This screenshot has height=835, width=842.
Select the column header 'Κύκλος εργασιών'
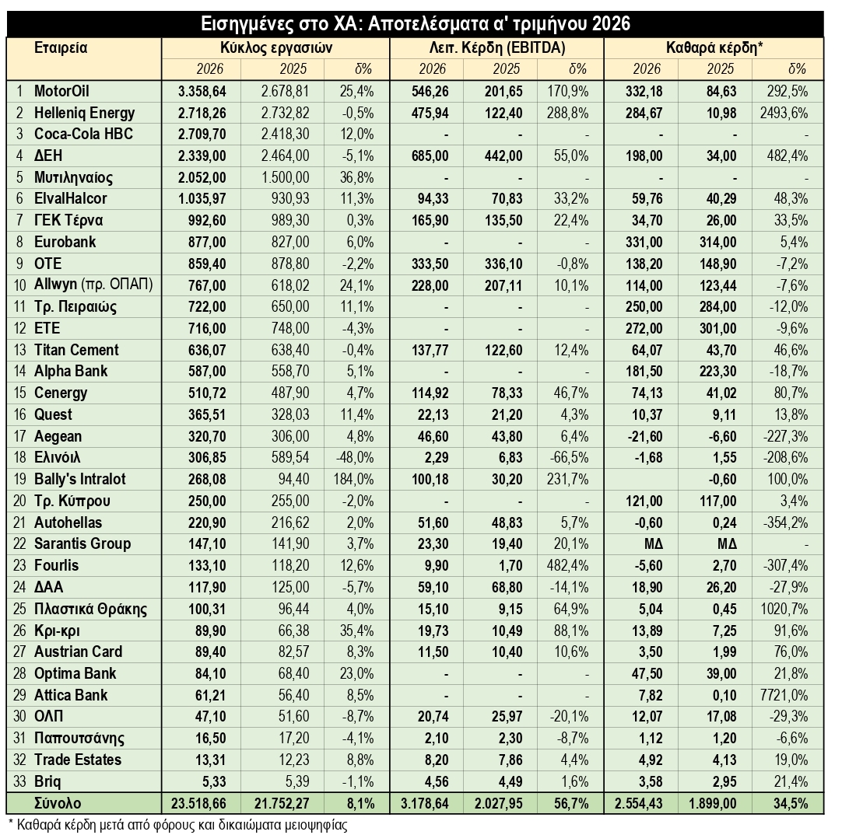276,47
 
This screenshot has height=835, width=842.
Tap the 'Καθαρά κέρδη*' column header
714,47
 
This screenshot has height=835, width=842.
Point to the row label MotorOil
61,91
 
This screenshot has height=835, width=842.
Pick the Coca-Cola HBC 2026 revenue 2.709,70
202,135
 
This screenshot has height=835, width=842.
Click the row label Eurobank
65,242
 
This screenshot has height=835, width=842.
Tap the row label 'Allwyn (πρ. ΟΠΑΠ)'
93,285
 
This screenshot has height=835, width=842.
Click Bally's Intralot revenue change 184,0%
353,479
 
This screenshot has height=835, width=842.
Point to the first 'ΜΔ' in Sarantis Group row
654,544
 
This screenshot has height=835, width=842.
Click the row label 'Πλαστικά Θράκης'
90,609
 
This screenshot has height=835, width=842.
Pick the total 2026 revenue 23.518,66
198,803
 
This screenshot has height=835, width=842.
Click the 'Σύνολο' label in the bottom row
58,803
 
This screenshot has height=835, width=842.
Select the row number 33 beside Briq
19,781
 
